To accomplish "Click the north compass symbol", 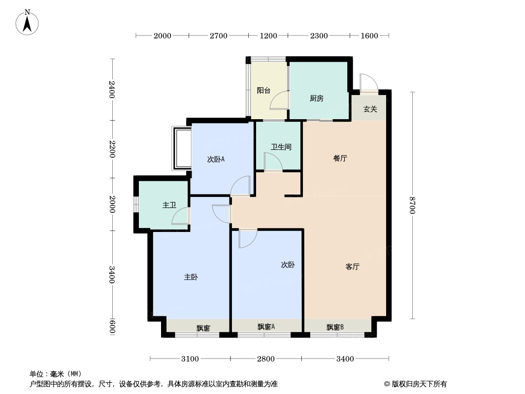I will [x=28, y=22].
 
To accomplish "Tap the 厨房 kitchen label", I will [x=316, y=98].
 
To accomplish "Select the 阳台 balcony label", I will [x=263, y=91].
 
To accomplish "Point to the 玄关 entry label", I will [x=370, y=109].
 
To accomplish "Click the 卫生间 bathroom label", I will [x=281, y=147].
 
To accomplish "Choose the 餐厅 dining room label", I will [x=340, y=159].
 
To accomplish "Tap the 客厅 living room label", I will [x=352, y=267].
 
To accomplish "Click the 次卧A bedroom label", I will [x=216, y=159].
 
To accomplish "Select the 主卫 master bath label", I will [x=169, y=205].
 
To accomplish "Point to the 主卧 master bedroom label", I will [x=191, y=277].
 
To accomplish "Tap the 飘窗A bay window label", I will [x=266, y=327].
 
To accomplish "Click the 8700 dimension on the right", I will [x=412, y=205].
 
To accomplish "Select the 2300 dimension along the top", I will [x=319, y=35].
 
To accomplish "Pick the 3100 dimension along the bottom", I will [x=190, y=359].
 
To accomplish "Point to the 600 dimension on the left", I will [x=112, y=326].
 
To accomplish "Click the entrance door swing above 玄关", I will [x=368, y=82].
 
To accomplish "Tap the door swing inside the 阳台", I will [x=280, y=100].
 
